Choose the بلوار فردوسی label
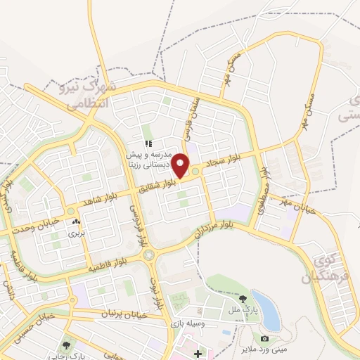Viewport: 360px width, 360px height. coord(138,220)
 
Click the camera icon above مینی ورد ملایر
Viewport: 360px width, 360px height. coord(264,338)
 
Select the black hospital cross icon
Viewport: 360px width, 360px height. coord(198,353)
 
